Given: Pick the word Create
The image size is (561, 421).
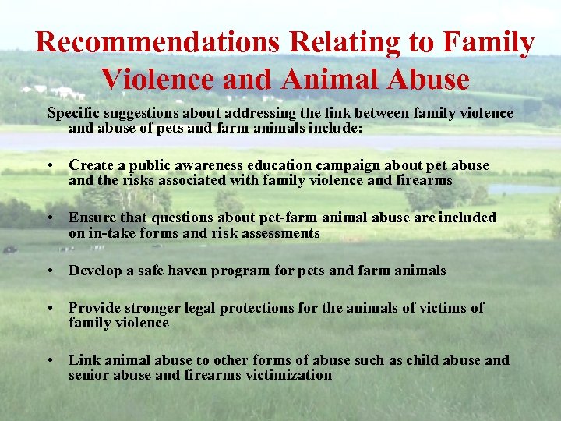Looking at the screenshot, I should (x=90, y=166).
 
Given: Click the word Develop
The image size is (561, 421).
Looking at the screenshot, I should (x=94, y=271).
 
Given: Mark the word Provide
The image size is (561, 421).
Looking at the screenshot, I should (x=93, y=308).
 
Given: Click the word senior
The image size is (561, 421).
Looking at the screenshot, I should (x=89, y=375).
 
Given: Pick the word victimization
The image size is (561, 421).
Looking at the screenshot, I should (x=288, y=375).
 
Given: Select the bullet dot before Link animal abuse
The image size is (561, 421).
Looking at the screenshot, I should (x=50, y=361).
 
